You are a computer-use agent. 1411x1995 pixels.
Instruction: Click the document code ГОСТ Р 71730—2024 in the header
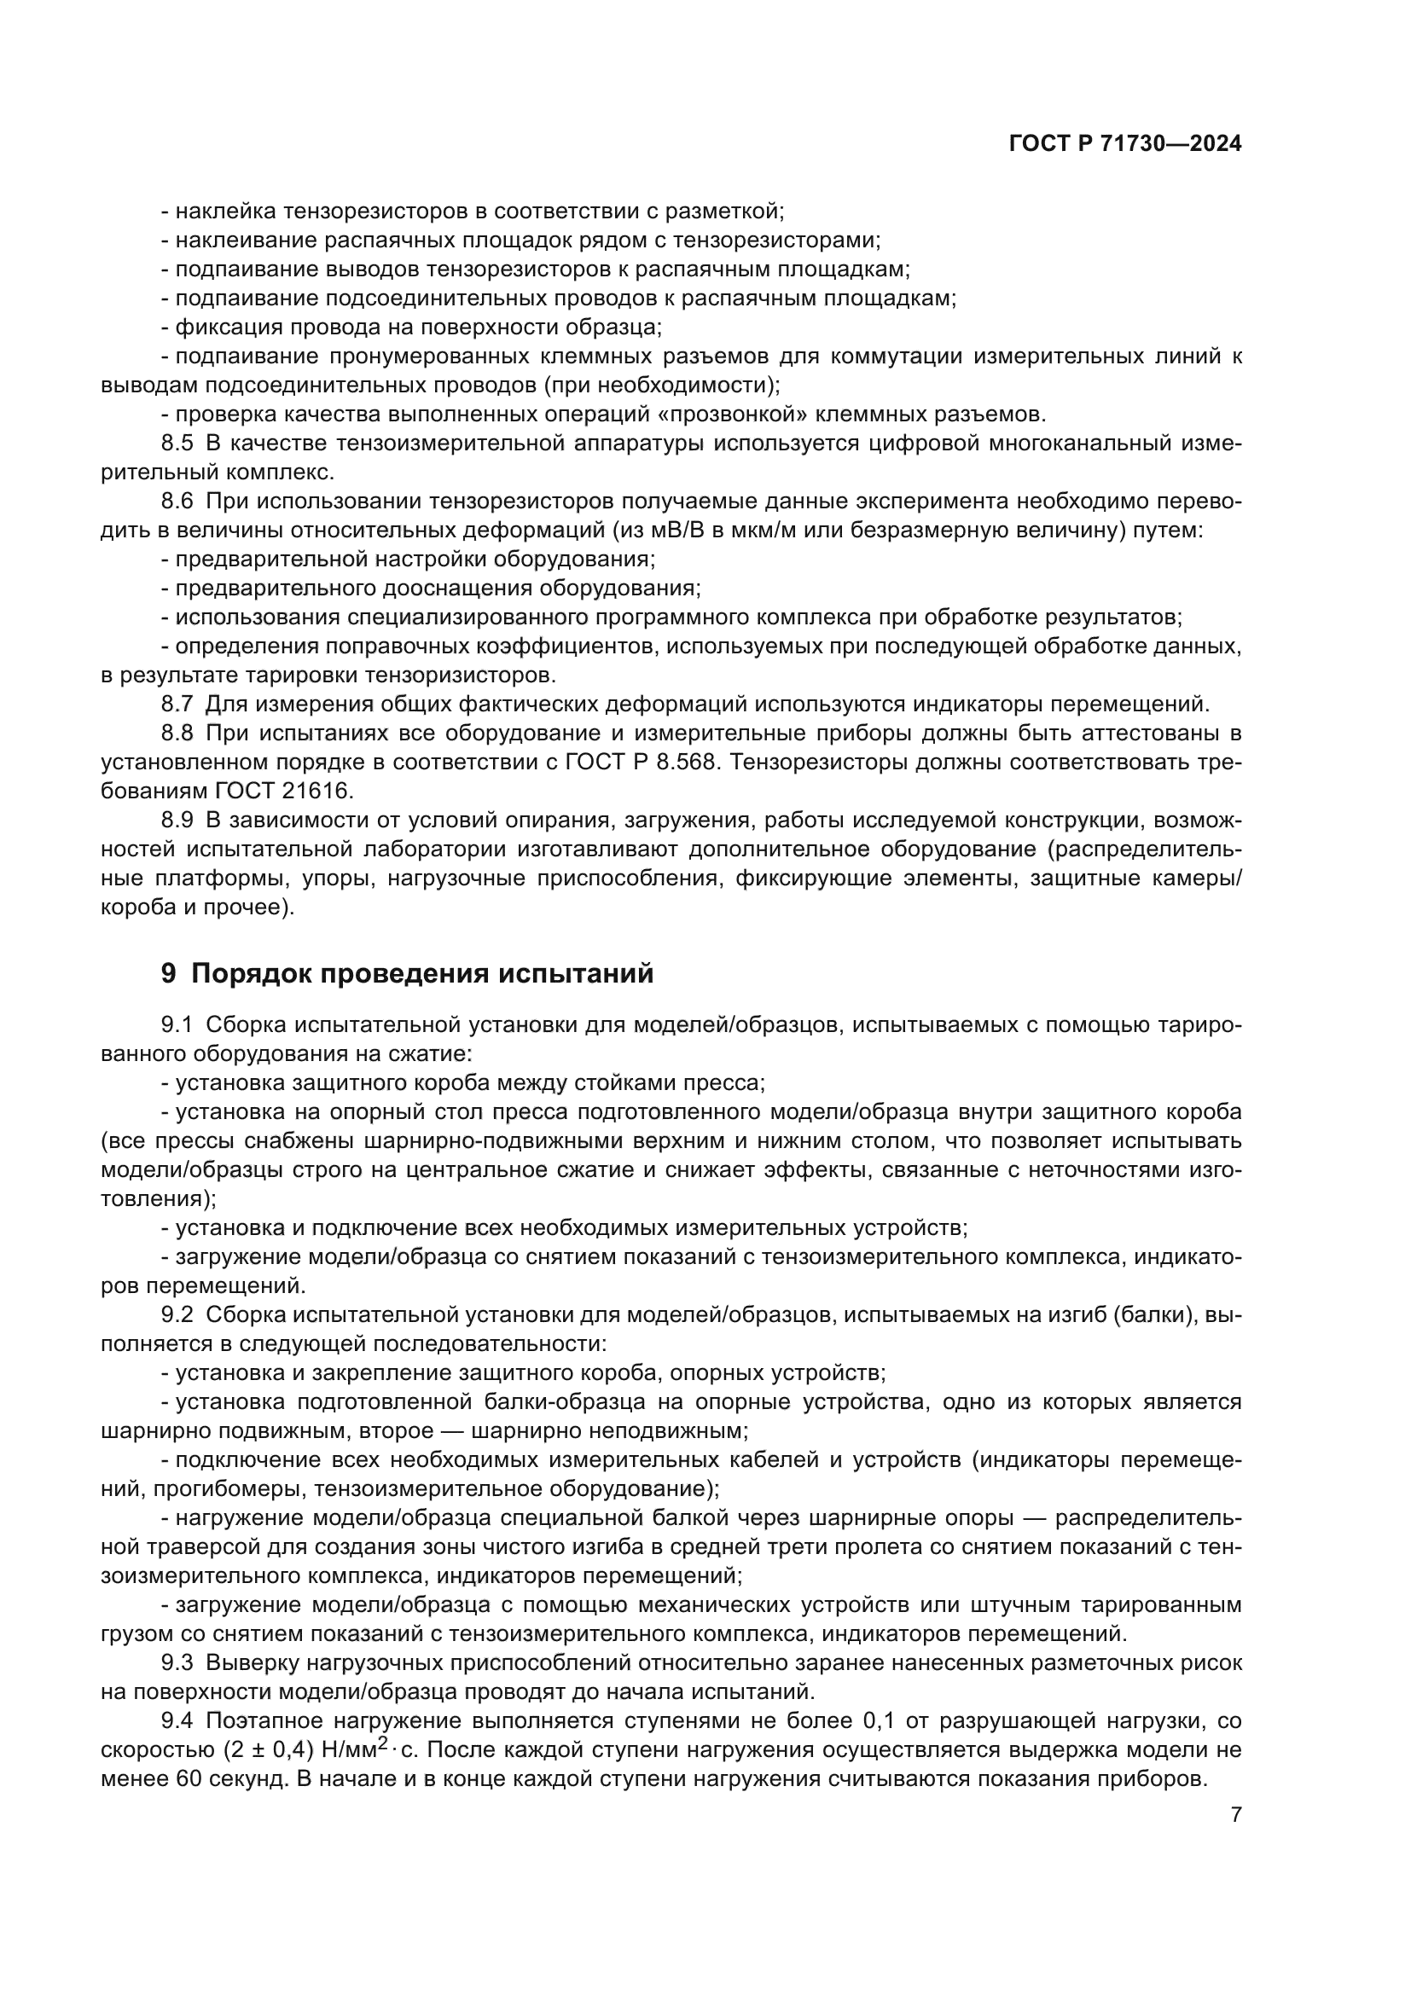[x=1125, y=144]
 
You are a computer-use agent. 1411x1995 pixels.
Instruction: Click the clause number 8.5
[x=177, y=444]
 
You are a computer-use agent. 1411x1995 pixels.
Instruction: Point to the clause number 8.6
[x=177, y=502]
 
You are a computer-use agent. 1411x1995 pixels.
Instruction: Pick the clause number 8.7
[x=177, y=704]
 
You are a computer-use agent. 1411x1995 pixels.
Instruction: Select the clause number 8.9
[x=177, y=821]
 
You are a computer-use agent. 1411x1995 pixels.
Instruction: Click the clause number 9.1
[x=177, y=1024]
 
